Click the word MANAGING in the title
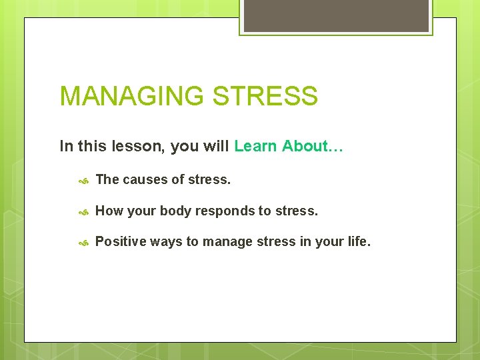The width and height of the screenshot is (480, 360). (132, 97)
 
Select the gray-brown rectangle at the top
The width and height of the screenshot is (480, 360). (336, 15)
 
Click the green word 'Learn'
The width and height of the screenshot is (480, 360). (256, 146)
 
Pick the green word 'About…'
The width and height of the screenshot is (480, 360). (312, 146)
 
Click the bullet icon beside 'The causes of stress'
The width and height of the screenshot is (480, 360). (84, 180)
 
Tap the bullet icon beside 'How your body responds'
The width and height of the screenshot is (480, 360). (84, 211)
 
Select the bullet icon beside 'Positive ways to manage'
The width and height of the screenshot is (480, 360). (84, 242)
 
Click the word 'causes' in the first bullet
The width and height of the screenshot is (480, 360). (144, 179)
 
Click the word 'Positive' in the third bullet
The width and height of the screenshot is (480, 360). (120, 241)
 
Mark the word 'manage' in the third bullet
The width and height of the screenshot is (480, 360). (227, 241)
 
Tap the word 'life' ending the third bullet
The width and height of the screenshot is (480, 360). (358, 241)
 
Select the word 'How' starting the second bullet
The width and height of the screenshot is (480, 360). (109, 211)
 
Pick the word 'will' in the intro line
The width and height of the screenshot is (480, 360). (217, 146)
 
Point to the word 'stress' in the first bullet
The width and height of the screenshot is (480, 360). (209, 179)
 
